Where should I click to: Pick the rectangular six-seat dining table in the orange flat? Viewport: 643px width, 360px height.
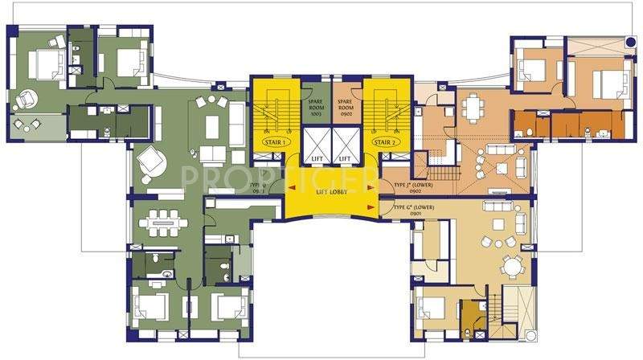click(x=482, y=104)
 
